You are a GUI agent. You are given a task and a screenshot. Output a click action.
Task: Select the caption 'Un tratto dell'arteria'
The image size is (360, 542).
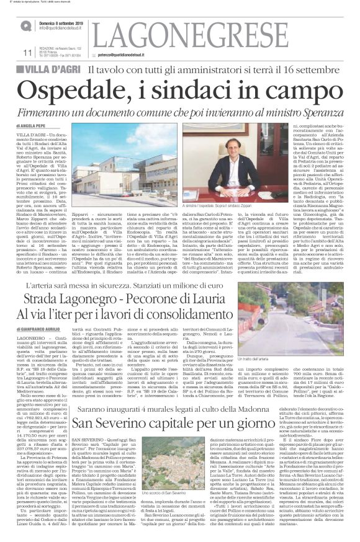point(276,359)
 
